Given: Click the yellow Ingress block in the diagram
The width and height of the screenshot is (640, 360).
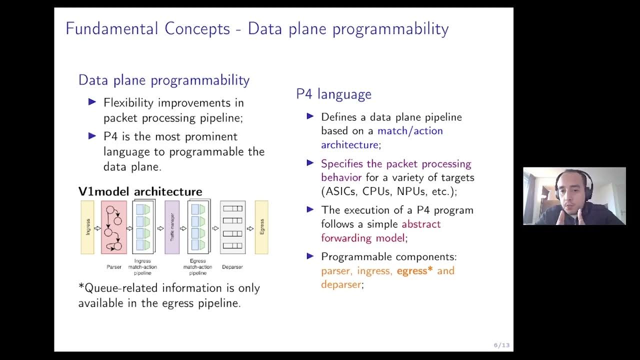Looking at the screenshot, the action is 87,227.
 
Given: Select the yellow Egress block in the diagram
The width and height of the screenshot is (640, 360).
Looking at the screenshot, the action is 261,227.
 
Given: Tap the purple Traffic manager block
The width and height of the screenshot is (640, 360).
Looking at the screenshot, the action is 172,227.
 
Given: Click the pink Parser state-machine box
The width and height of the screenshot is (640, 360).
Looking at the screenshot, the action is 114,227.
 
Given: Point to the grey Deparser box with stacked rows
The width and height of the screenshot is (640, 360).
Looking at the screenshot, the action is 232,227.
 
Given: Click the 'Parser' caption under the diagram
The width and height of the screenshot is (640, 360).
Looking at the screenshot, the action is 114,267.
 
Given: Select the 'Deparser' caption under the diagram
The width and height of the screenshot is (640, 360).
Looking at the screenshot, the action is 232,267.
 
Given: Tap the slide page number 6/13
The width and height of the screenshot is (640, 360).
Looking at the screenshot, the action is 501,345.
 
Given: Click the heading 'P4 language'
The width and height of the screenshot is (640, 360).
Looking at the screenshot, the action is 333,94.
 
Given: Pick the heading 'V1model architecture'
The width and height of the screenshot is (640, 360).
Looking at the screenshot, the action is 140,191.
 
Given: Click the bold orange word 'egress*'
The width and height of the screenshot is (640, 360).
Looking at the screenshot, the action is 414,271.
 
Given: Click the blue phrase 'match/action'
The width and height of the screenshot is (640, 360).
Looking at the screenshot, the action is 410,131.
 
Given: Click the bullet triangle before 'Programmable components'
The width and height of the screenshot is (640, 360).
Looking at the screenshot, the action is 310,256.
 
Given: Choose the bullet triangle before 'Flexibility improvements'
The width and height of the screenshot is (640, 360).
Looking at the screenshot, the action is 92,102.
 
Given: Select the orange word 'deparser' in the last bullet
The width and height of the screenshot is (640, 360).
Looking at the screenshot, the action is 340,284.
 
